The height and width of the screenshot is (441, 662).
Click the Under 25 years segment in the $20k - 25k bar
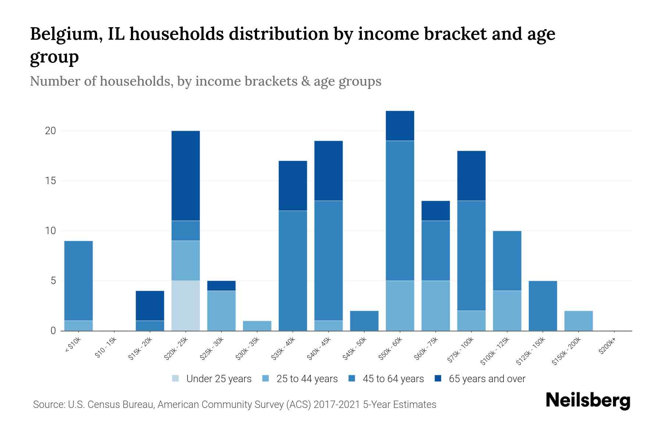pos(186,306)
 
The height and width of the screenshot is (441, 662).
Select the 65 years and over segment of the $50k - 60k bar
pos(400,126)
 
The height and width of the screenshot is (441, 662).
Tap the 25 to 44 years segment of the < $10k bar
pos(78,326)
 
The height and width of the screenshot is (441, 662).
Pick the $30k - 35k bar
pos(257,326)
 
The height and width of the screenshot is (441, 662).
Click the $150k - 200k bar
pos(578,321)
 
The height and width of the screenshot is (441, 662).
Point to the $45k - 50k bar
pos(364,321)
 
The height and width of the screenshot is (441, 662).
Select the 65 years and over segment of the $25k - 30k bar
pos(221,286)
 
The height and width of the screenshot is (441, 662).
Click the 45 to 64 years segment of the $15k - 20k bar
pos(150,326)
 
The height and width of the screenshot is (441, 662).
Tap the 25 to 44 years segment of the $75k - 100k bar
pos(471,321)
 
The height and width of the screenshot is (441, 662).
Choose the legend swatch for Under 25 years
pos(176,379)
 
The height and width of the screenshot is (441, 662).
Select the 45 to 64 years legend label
pos(393,379)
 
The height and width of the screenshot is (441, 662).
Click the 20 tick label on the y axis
pos(50,131)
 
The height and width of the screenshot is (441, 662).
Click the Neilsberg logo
pos(588,401)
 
